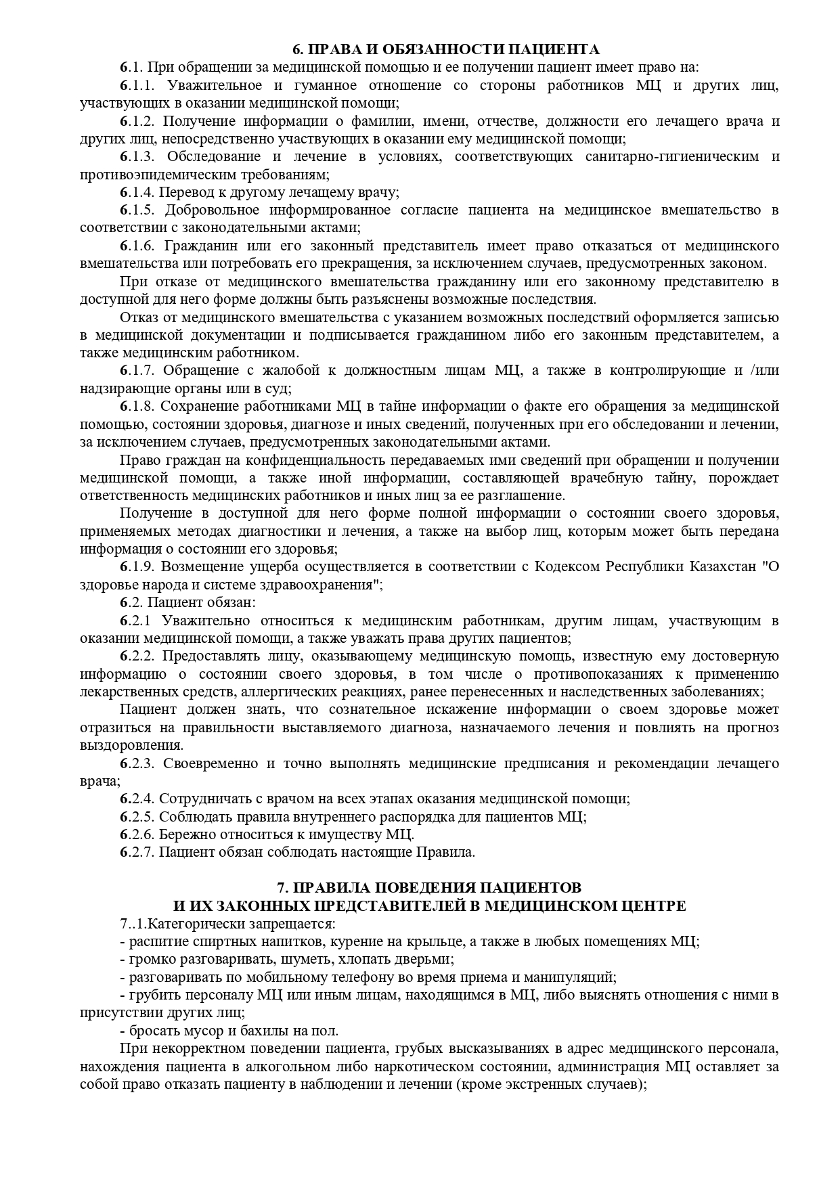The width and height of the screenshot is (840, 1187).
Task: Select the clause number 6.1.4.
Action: click(138, 192)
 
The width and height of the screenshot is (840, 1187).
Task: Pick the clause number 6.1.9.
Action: click(138, 566)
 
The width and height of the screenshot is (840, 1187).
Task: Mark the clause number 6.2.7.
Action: click(138, 852)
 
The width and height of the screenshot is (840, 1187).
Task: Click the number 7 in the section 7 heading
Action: click(282, 887)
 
